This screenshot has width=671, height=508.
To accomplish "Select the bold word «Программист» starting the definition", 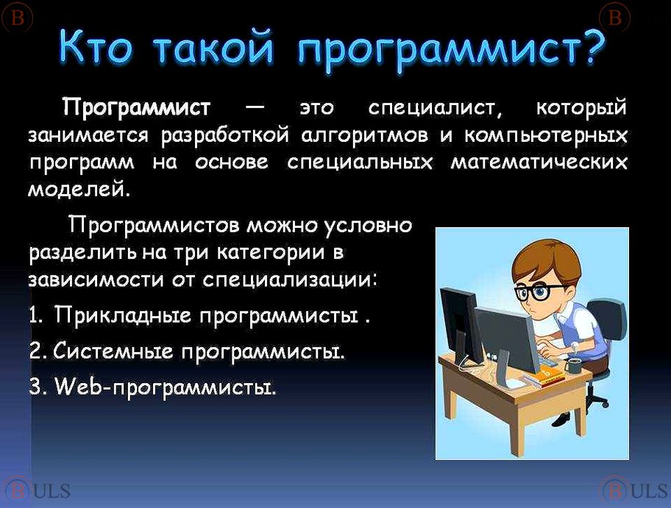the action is coord(137,107).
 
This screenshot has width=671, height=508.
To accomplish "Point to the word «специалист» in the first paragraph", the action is coord(436,109).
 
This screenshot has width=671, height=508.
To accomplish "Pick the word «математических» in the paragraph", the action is coord(539,163).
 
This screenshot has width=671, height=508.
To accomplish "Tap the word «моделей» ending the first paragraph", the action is coord(78,189).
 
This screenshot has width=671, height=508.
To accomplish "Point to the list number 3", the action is coord(35,387).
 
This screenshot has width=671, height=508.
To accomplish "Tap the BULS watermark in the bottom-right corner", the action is coord(635,490).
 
